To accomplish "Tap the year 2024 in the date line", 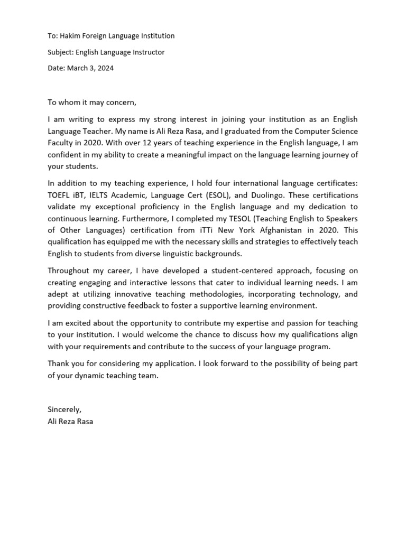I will [105, 68].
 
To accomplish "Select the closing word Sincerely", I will [64, 409].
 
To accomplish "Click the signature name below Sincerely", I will [70, 421].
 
